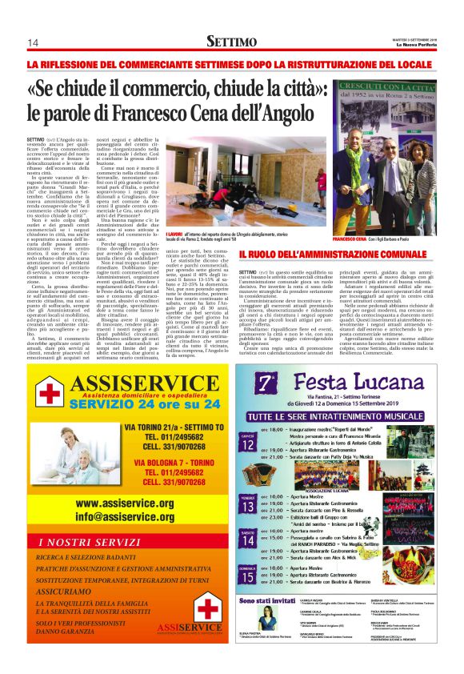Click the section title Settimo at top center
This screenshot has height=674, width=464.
click(232, 40)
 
